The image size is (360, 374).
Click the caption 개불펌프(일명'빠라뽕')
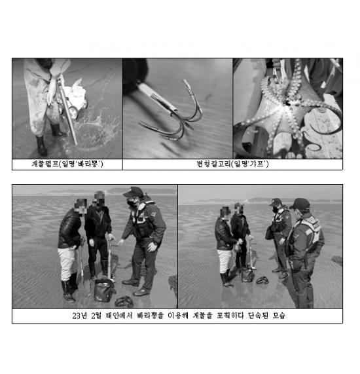67,164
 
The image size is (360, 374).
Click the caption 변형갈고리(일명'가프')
232,164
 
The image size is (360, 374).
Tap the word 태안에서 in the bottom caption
119,316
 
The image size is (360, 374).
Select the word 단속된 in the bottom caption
258,316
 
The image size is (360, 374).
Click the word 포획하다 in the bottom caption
230,316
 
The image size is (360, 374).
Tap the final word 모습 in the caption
279,316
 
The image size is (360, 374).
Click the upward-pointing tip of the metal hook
185,81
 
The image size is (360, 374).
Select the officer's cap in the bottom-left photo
134,191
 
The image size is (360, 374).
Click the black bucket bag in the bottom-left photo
104,290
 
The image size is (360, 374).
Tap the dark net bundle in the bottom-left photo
124,301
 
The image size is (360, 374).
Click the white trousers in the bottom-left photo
67,263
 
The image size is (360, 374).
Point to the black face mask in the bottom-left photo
132,203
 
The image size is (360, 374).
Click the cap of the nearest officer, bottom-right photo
300,204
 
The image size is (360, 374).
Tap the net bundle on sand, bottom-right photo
262,280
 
